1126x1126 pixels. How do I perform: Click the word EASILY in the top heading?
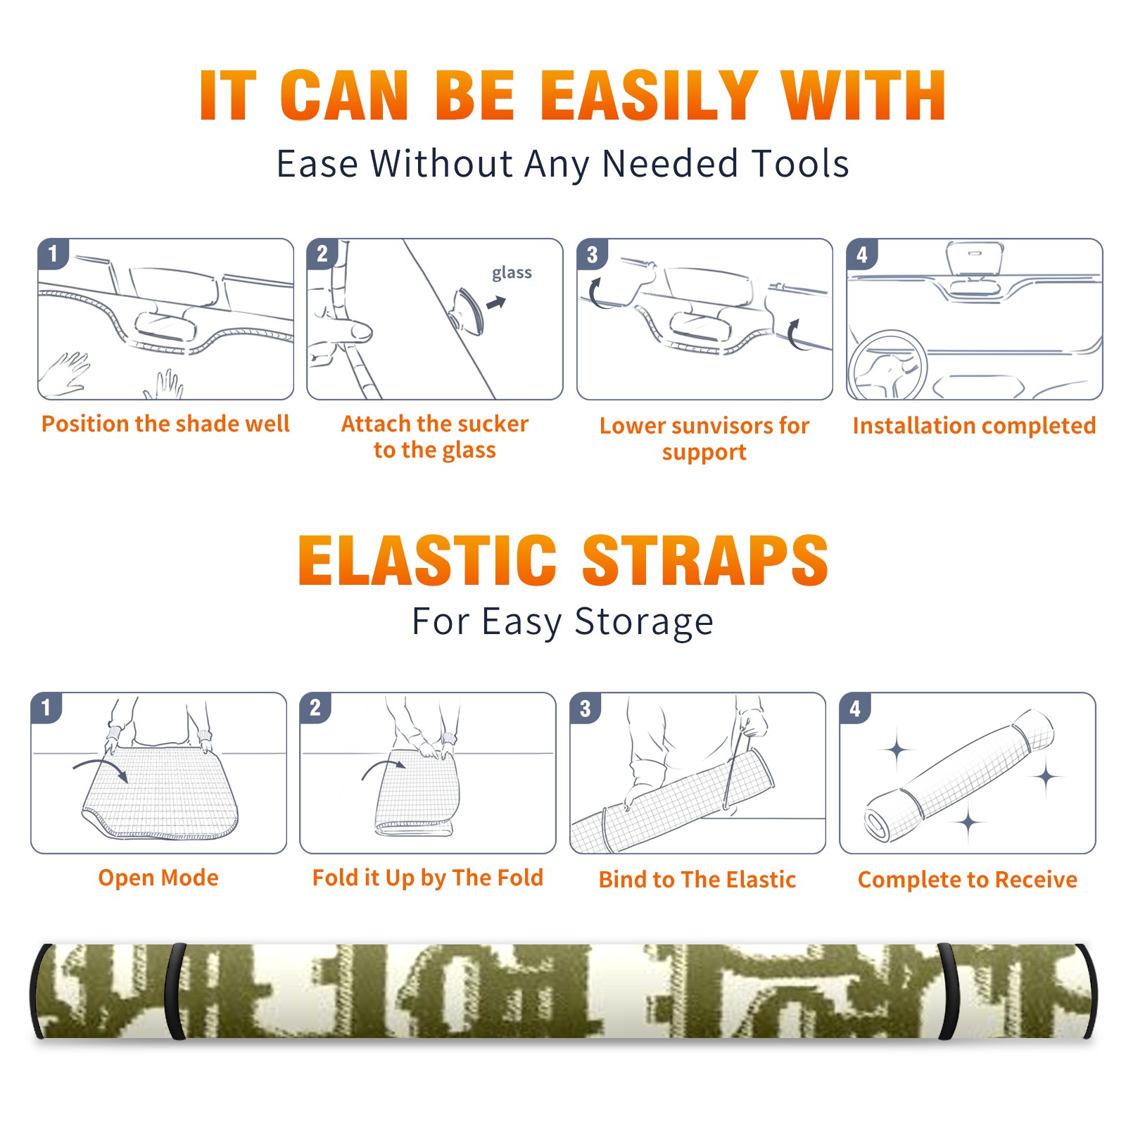[649, 96]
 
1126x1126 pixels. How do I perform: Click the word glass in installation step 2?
[512, 273]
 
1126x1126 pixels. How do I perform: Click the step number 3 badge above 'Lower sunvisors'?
[592, 254]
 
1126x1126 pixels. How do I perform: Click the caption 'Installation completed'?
[974, 426]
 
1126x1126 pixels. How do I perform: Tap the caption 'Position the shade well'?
[165, 424]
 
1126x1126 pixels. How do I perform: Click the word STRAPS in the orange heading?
[705, 560]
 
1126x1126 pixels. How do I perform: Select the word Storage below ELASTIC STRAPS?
[644, 622]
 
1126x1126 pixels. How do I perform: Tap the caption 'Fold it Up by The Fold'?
[428, 878]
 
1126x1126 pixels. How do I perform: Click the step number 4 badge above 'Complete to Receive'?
[854, 708]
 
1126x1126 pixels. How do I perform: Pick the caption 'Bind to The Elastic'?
[697, 880]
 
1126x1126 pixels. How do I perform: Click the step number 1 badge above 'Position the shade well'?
[53, 253]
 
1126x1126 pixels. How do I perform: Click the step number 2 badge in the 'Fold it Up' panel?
[315, 707]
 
